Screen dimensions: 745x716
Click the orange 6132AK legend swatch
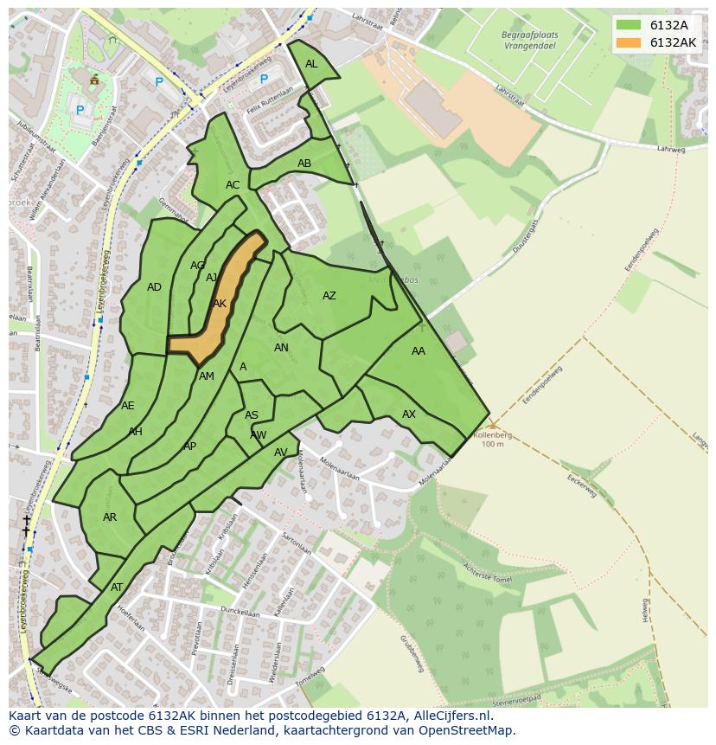(629, 42)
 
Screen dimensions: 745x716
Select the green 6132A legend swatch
(629, 25)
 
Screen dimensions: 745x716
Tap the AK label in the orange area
(220, 304)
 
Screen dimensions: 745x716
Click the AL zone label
(311, 64)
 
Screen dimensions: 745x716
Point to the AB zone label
(304, 164)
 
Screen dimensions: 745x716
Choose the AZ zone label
(329, 296)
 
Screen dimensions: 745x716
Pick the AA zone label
(419, 351)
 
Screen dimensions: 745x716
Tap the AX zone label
(409, 414)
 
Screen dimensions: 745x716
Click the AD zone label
(154, 287)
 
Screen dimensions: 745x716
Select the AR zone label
(110, 517)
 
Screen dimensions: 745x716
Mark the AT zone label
(117, 588)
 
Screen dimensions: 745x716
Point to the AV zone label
(281, 453)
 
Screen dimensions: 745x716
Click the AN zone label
(281, 348)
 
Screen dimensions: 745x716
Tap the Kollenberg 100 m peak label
(492, 439)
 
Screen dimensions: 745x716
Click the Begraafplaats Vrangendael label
(530, 41)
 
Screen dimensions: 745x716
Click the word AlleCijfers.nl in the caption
(450, 716)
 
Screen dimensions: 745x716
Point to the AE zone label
(128, 406)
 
